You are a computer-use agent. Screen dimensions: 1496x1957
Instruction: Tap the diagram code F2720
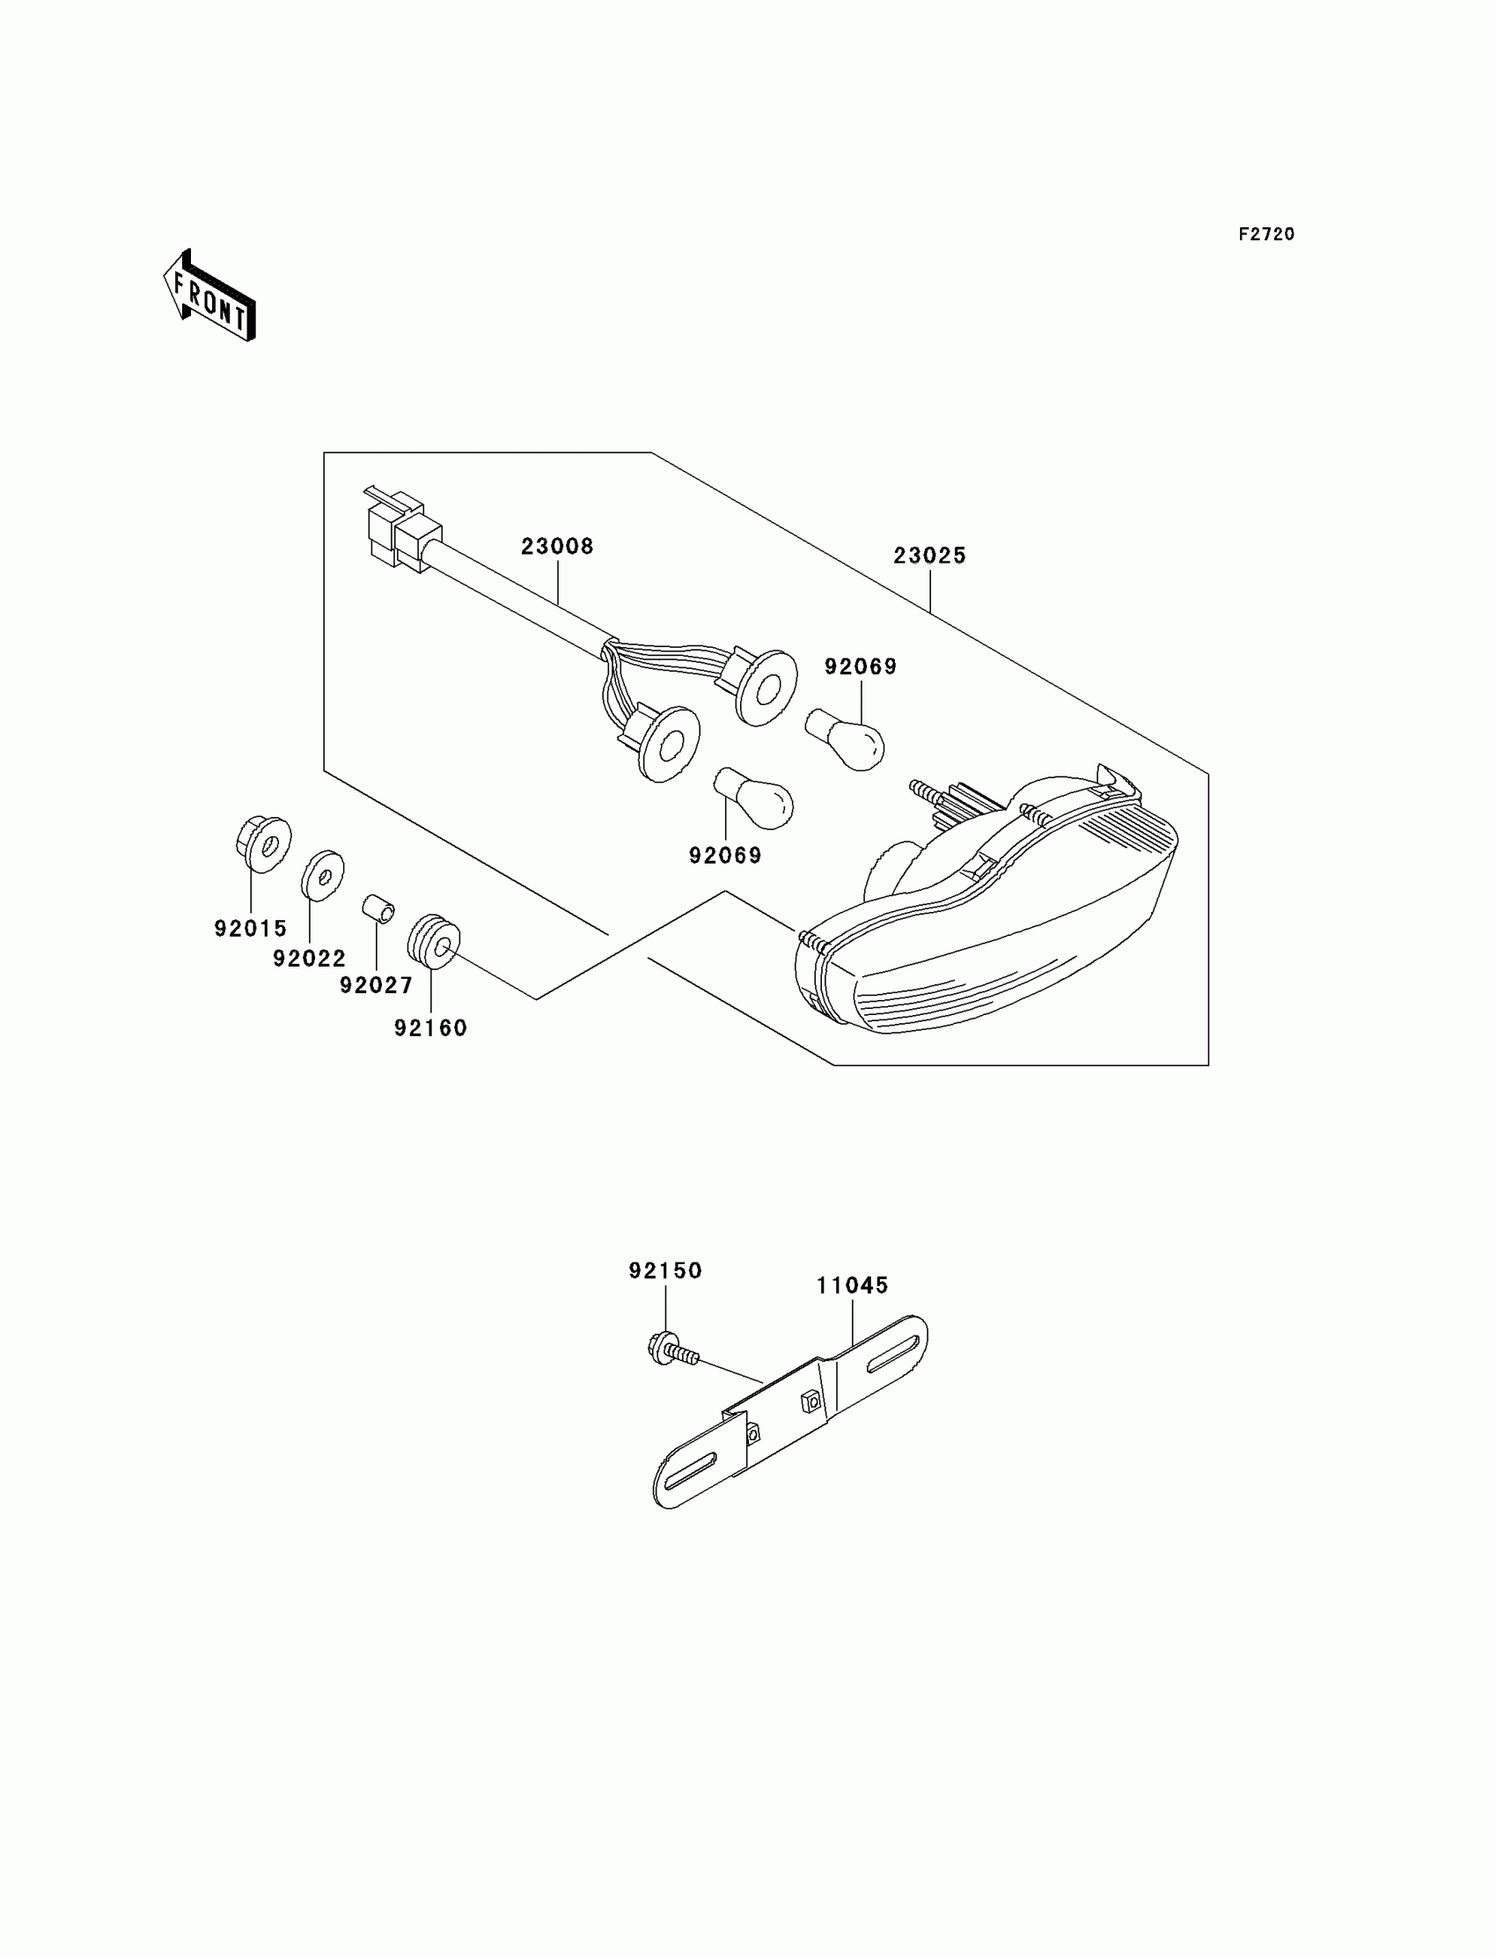(x=1266, y=234)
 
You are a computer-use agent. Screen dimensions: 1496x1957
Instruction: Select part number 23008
(x=557, y=546)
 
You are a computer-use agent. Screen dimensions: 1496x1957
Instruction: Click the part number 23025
(x=929, y=555)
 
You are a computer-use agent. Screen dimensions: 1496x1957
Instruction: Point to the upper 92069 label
(x=861, y=666)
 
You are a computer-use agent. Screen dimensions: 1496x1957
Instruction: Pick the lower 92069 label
(x=725, y=856)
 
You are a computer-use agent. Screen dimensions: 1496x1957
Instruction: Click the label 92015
(x=250, y=928)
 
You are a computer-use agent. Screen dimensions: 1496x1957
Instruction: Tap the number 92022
(x=309, y=959)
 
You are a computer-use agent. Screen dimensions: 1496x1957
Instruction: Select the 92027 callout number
(x=376, y=985)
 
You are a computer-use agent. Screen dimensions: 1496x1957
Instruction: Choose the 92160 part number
(x=431, y=1028)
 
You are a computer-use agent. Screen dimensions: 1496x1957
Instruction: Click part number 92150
(x=665, y=1271)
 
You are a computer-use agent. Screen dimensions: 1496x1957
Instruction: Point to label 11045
(x=853, y=1285)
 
